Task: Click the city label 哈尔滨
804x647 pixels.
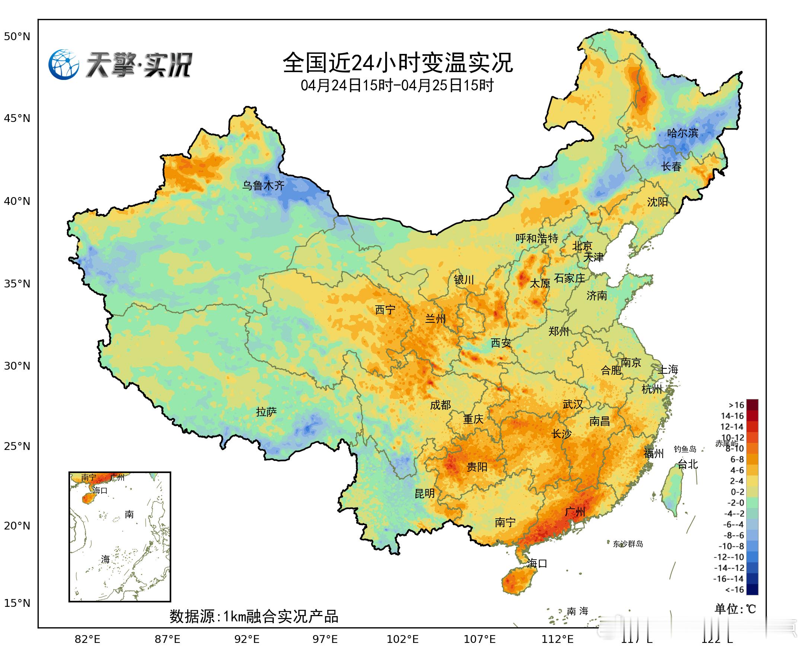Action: pyautogui.click(x=682, y=133)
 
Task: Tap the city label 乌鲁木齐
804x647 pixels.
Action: pyautogui.click(x=264, y=185)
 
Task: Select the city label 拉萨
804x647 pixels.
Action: pyautogui.click(x=267, y=412)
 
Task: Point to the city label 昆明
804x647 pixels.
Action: pyautogui.click(x=425, y=493)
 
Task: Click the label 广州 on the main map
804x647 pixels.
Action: pyautogui.click(x=575, y=512)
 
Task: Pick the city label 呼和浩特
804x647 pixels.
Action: pyautogui.click(x=536, y=238)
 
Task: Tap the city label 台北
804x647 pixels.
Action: pyautogui.click(x=687, y=464)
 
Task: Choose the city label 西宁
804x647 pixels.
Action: pyautogui.click(x=385, y=309)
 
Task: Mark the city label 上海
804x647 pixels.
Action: pyautogui.click(x=668, y=369)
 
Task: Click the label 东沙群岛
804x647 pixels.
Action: pyautogui.click(x=628, y=544)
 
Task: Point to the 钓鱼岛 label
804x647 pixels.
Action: pyautogui.click(x=685, y=449)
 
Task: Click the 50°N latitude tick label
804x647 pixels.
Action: pyautogui.click(x=17, y=36)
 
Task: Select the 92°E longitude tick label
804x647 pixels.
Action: pyautogui.click(x=247, y=639)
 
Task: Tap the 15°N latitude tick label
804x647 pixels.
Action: pyautogui.click(x=17, y=603)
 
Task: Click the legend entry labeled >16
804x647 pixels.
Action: pyautogui.click(x=737, y=405)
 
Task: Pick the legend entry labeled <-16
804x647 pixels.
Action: pyautogui.click(x=735, y=590)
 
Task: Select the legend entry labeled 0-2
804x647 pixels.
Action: pyautogui.click(x=737, y=492)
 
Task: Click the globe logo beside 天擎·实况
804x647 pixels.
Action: pyautogui.click(x=64, y=64)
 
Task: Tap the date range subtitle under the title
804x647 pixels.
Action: pyautogui.click(x=397, y=86)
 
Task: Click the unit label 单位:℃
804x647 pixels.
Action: pyautogui.click(x=735, y=609)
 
